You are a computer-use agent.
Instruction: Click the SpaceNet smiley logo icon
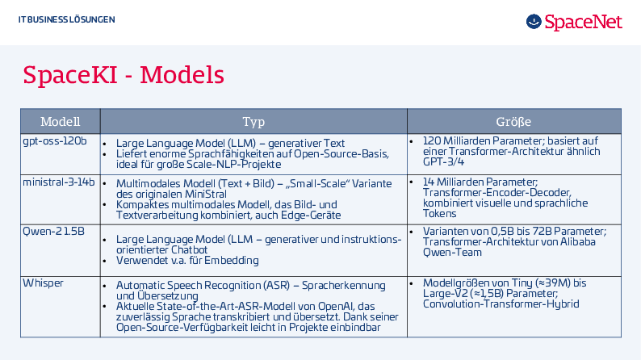click(x=534, y=21)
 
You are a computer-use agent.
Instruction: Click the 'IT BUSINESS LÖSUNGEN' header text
click(x=67, y=19)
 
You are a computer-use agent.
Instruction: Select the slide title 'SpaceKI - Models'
click(x=124, y=75)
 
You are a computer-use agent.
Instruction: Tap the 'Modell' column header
click(x=60, y=121)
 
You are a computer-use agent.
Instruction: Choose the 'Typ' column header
click(x=253, y=122)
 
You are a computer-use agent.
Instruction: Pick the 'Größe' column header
click(x=513, y=121)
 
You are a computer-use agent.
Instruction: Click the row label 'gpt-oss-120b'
click(x=55, y=141)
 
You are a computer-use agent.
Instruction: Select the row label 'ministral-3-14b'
click(x=58, y=182)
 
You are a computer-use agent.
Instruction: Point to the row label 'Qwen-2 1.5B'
click(x=53, y=232)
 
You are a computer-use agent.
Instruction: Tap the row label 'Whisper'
click(x=43, y=283)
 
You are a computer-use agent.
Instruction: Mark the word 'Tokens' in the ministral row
click(x=439, y=214)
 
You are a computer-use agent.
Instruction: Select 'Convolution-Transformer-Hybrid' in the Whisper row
click(x=501, y=304)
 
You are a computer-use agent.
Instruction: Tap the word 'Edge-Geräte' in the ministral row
click(x=310, y=216)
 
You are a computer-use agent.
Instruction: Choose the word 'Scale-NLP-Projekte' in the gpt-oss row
click(x=234, y=165)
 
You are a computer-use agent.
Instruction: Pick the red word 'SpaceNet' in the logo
click(x=584, y=22)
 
